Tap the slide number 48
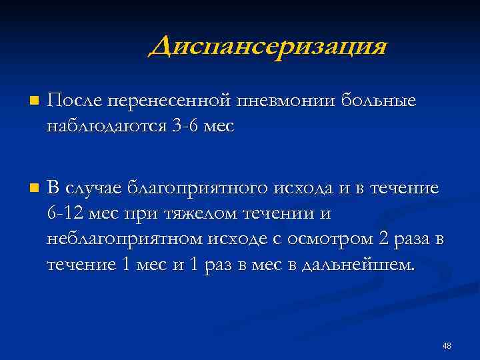(447, 345)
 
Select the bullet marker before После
(34, 102)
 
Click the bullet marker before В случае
(34, 189)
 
